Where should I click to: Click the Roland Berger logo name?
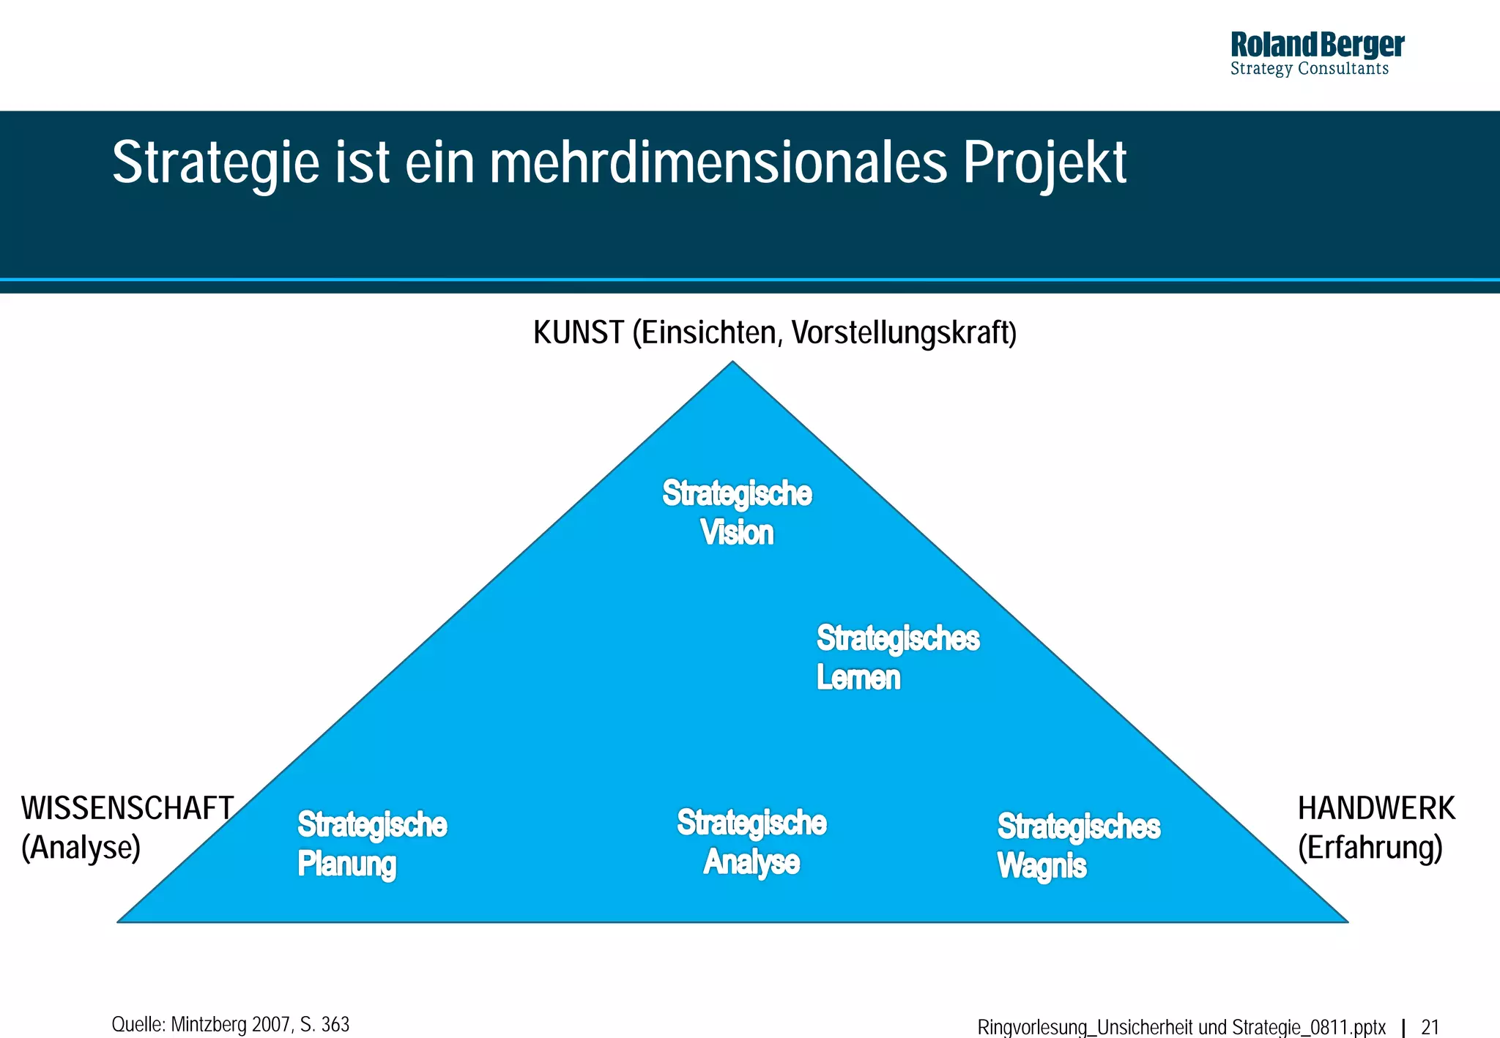1316,45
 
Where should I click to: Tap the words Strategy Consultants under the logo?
1309,69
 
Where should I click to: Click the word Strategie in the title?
215,163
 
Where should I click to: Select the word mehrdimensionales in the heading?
719,163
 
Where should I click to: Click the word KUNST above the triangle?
578,333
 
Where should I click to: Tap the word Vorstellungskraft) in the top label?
905,333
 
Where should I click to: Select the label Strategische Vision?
737,512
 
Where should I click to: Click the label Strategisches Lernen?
897,657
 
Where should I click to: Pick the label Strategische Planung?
371,844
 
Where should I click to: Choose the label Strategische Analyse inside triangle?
751,842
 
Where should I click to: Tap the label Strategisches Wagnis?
1078,845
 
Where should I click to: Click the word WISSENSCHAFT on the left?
127,808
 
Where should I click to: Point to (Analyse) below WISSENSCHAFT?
81,848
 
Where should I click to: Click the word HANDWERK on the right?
1375,808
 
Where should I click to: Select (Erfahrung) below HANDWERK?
1370,848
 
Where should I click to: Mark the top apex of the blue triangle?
732,363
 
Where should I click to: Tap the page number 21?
1430,1027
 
